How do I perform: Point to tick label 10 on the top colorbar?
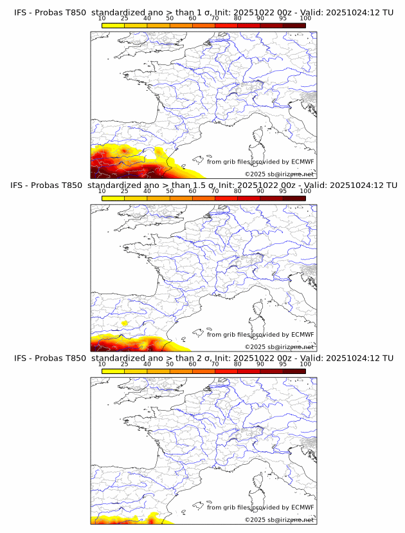[102, 19]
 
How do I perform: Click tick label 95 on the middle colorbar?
[283, 192]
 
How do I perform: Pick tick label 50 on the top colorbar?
[170, 19]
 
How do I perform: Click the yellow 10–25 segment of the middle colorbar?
[113, 198]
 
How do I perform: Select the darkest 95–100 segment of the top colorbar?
[294, 26]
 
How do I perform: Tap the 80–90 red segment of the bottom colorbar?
[249, 371]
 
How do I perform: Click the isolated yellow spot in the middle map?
[125, 323]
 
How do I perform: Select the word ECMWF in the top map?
[302, 162]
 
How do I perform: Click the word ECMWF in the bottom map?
[302, 507]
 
